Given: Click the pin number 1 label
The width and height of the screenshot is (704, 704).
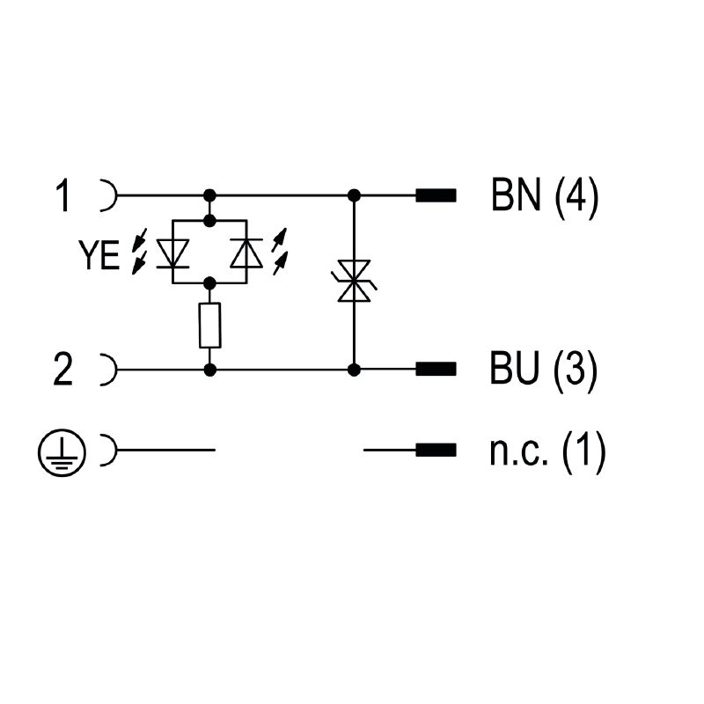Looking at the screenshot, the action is tap(63, 195).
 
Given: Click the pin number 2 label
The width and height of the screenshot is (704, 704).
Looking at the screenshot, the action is tap(62, 370).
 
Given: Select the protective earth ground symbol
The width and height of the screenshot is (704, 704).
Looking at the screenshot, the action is tap(62, 452).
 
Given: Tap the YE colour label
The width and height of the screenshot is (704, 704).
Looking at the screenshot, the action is tap(99, 254).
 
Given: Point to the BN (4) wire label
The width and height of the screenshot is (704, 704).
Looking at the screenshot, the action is tap(545, 195).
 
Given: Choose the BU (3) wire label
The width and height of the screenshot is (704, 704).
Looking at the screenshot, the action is tap(544, 369).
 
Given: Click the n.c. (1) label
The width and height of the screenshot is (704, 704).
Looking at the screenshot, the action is tap(547, 451).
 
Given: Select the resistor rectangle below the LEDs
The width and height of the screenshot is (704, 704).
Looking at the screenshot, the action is tap(209, 325).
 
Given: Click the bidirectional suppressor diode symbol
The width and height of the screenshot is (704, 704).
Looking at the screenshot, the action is tap(354, 281).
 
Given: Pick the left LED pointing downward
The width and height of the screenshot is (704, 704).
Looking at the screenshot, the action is tap(172, 253).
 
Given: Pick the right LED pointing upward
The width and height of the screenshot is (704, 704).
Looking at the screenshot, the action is tap(246, 253).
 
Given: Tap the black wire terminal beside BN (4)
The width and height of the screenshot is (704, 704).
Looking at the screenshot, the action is tap(436, 195).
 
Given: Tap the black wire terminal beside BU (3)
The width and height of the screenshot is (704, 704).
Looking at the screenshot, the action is tap(436, 369).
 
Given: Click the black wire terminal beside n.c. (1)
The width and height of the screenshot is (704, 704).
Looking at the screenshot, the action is tap(436, 450).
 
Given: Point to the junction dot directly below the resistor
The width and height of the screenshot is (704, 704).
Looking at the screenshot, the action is tap(209, 370).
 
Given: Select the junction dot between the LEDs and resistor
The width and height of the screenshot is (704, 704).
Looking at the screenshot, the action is tap(209, 283).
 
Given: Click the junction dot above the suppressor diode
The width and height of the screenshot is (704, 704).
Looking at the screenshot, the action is tap(355, 195).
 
